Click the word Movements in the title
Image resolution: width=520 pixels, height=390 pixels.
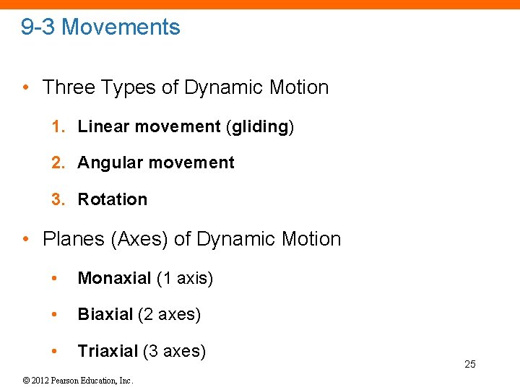[x=121, y=27]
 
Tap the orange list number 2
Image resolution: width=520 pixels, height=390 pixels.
[x=56, y=162]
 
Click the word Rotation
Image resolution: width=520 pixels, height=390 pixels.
[x=112, y=199]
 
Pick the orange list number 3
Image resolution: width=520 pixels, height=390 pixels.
[x=56, y=199]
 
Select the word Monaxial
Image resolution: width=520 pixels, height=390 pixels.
[x=114, y=278]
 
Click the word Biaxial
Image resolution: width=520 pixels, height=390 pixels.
[x=105, y=314]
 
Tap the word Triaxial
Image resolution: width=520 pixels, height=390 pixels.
[x=108, y=351]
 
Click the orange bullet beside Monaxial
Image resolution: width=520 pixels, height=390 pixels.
[x=54, y=278]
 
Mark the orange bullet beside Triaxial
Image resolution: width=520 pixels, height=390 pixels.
[x=54, y=351]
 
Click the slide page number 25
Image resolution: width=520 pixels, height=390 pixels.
[x=470, y=364]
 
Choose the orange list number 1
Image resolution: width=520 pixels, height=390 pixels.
[x=56, y=126]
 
